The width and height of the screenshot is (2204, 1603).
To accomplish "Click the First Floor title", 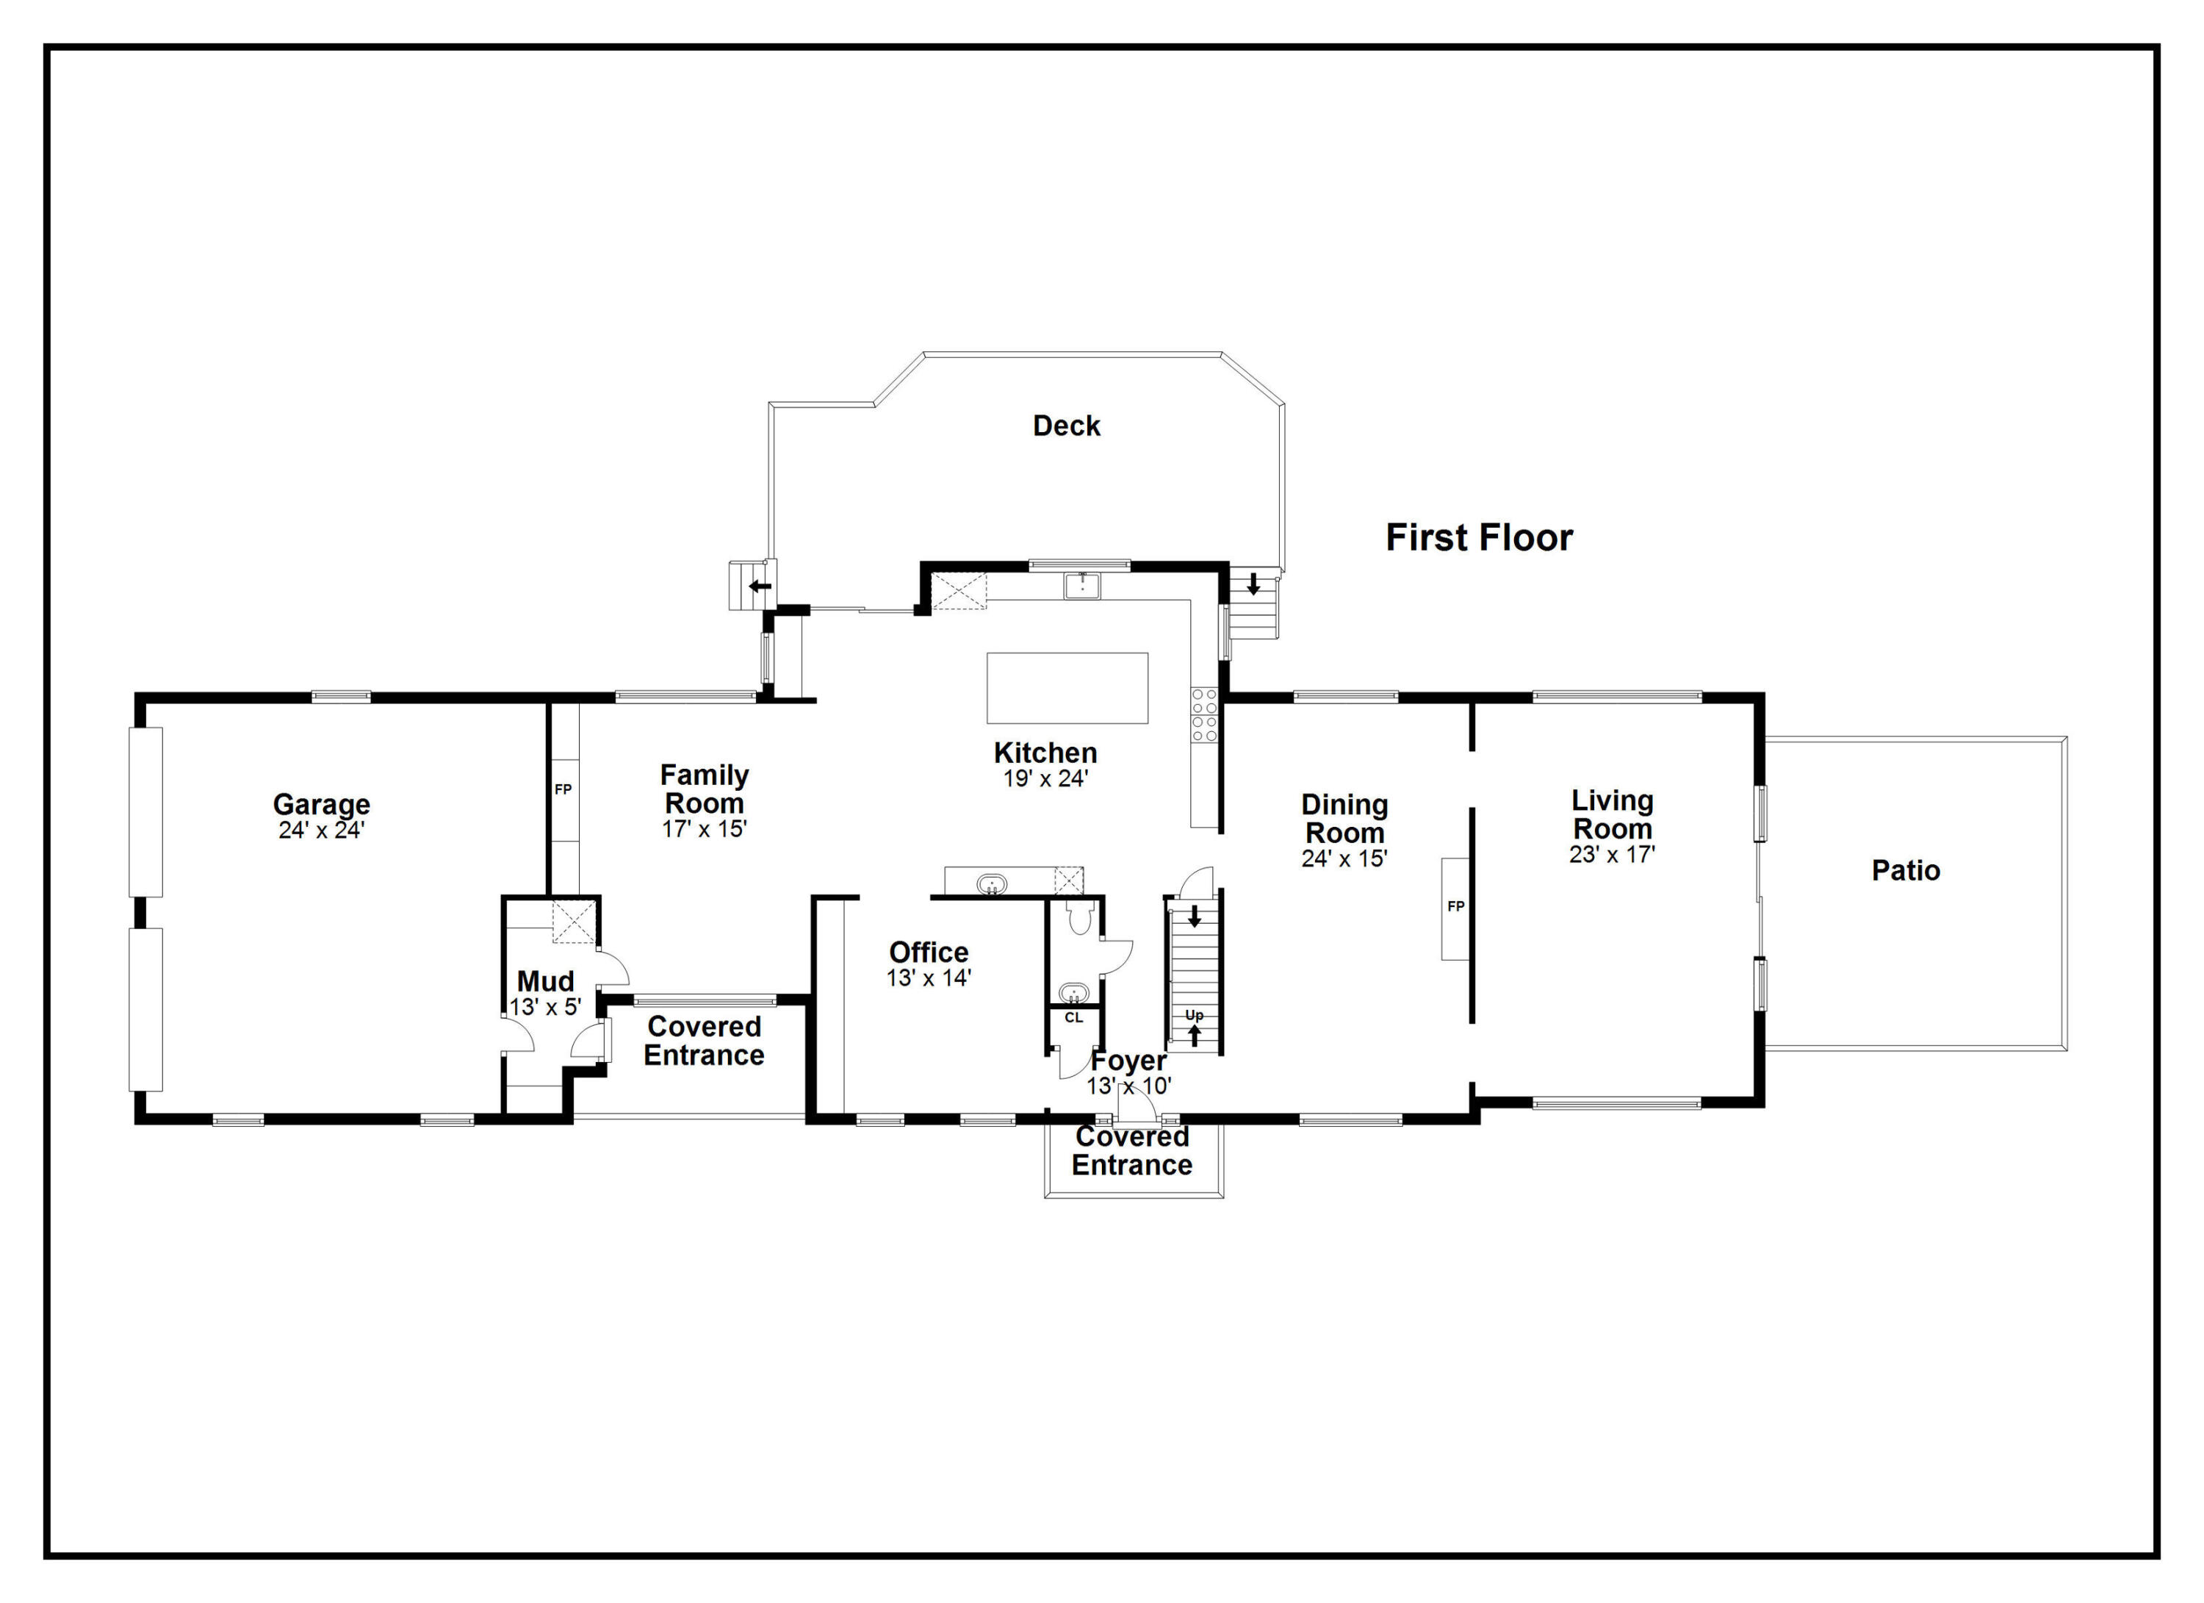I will (x=1478, y=537).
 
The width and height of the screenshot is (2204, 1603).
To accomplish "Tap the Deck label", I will (x=1066, y=426).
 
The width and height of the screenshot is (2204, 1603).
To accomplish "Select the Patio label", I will (x=1905, y=870).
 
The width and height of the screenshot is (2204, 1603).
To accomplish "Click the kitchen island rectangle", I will (x=1066, y=687).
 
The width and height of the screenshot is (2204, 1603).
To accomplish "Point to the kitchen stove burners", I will (x=1203, y=714).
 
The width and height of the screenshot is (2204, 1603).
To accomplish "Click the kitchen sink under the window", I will (x=1081, y=585).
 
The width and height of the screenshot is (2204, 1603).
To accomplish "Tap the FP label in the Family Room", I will (x=563, y=789).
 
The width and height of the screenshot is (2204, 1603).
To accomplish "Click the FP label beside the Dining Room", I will (x=1455, y=906).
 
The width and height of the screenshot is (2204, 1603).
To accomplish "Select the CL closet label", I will (x=1073, y=1018).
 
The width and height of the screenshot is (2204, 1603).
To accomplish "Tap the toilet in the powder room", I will (x=1080, y=918).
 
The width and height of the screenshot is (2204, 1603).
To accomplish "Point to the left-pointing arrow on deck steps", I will (x=759, y=587).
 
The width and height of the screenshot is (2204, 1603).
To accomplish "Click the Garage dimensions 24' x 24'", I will (x=322, y=831).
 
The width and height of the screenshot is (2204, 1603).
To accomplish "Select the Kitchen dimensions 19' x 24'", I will (x=1045, y=778).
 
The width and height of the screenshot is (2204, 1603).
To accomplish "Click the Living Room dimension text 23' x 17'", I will (x=1611, y=855).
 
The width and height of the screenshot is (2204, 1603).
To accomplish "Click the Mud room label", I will (x=545, y=981).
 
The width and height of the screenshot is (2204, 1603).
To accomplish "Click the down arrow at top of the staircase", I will (x=1195, y=916).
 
